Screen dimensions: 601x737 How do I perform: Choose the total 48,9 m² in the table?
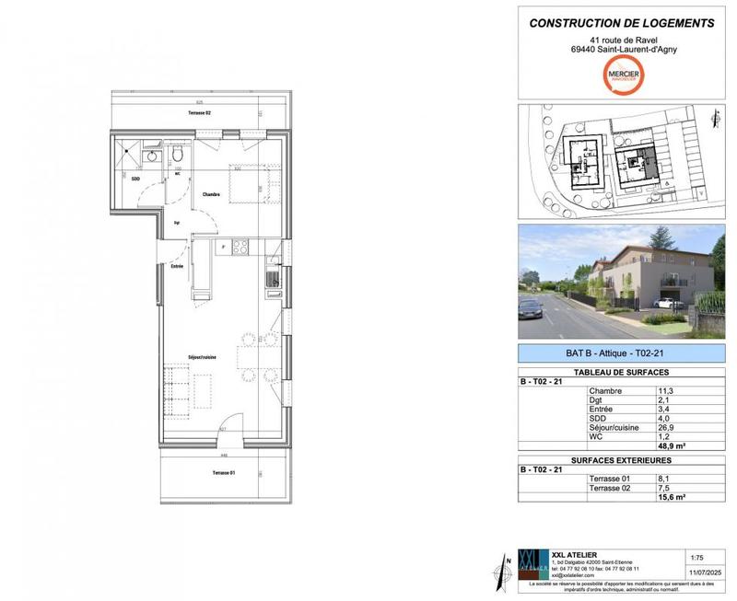[667, 445]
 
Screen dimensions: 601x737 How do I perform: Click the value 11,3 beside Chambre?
[662, 390]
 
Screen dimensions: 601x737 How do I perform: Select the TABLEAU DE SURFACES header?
[622, 372]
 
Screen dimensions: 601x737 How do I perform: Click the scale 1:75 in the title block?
[698, 558]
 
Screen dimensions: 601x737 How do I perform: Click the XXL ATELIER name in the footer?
[573, 555]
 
